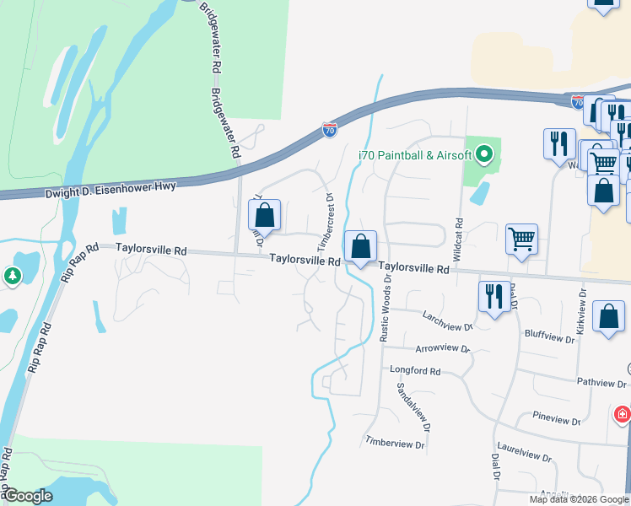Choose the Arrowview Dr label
click(442, 347)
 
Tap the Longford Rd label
click(415, 370)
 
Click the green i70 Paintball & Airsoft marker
click(483, 154)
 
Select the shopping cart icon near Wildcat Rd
click(521, 239)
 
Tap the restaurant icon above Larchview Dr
click(493, 296)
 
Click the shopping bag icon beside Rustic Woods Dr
click(360, 247)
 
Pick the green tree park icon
click(12, 275)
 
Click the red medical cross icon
click(622, 414)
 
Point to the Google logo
click(28, 496)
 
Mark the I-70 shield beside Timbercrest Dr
click(330, 131)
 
